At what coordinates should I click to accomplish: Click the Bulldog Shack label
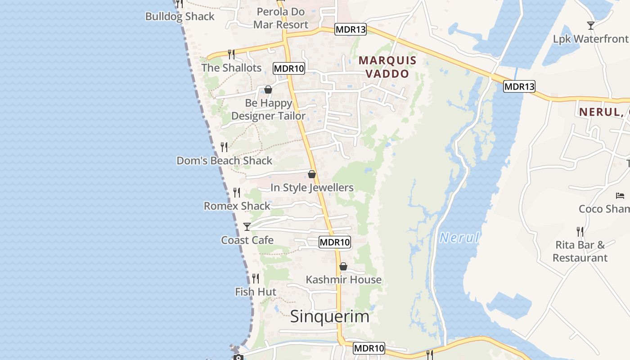click(x=180, y=17)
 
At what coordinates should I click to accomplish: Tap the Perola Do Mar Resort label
click(x=281, y=18)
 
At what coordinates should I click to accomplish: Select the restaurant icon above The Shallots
click(x=231, y=54)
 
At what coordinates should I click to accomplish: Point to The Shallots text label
click(x=231, y=68)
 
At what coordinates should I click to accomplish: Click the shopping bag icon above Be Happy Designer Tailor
click(x=268, y=90)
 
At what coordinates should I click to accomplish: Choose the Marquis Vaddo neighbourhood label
click(x=387, y=67)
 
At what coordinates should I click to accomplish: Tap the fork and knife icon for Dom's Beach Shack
click(x=224, y=147)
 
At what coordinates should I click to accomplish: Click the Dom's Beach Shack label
click(x=225, y=161)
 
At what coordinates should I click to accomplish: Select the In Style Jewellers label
click(x=312, y=188)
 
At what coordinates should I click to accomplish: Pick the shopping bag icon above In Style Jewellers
click(x=312, y=174)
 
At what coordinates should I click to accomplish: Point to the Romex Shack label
click(x=237, y=206)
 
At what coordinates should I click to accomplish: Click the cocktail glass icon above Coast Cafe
click(x=247, y=226)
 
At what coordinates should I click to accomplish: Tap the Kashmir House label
click(x=344, y=280)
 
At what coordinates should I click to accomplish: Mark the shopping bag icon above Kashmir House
click(x=343, y=266)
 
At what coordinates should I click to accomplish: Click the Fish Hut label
click(x=256, y=292)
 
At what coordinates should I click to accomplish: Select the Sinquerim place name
click(x=330, y=316)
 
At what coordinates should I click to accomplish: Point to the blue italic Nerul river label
click(x=459, y=238)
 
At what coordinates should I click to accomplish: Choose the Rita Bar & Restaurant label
click(x=580, y=252)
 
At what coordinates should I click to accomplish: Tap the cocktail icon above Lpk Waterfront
click(x=591, y=26)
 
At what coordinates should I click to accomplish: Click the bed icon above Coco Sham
click(x=620, y=195)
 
